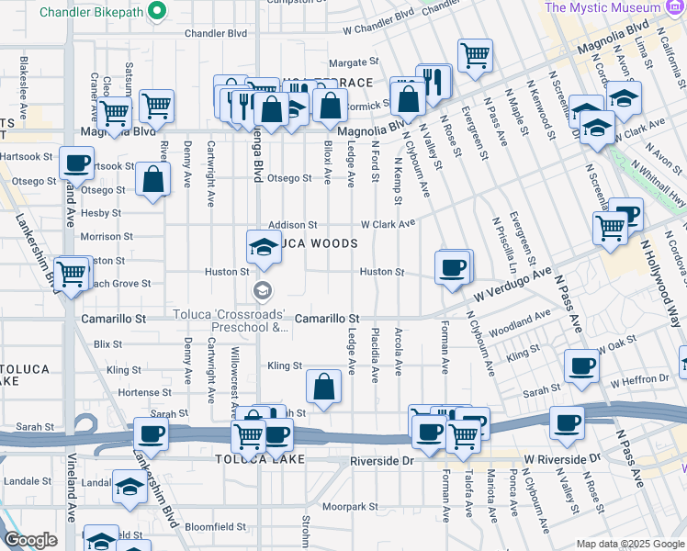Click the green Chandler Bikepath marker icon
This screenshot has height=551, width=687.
157,10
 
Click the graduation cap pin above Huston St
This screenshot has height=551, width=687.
264,246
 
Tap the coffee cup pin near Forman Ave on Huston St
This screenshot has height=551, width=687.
452,267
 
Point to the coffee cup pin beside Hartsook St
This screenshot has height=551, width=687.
77,163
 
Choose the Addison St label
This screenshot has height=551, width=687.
292,224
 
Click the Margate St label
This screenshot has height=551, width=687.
354,62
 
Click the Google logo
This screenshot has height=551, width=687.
30,540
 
